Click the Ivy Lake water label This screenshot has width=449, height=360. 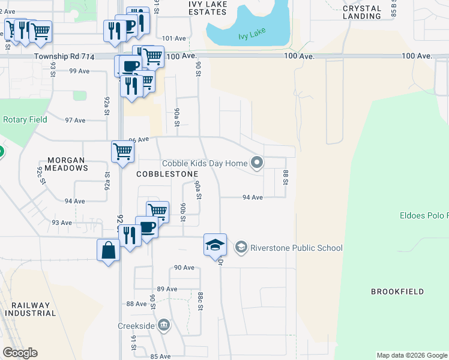[252, 34]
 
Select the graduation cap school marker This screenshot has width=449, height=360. [215, 245]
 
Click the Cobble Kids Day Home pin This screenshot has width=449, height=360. [257, 163]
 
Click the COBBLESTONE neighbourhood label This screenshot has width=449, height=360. [167, 174]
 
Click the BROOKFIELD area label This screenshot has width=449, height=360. [397, 292]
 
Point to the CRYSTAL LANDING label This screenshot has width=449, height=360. [362, 12]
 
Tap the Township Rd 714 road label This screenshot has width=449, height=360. [64, 56]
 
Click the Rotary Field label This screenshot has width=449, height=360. [25, 119]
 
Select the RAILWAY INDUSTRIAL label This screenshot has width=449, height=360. [30, 309]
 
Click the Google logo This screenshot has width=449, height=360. [20, 353]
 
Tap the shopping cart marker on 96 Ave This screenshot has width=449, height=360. [122, 151]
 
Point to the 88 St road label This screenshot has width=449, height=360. [286, 178]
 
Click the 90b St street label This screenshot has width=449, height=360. [183, 212]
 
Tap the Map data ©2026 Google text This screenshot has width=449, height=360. [411, 355]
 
